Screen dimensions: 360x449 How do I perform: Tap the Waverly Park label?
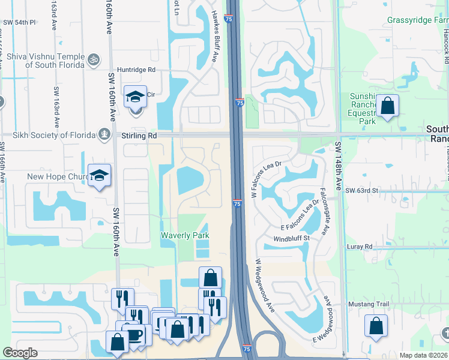(x=184, y=236)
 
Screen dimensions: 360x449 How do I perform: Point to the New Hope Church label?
(x=56, y=177)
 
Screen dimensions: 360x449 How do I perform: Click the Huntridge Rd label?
(x=136, y=70)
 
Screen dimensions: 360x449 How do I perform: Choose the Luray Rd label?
(x=360, y=247)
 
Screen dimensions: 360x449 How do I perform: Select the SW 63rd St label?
(x=362, y=190)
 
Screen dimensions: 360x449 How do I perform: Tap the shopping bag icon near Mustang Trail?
(x=376, y=326)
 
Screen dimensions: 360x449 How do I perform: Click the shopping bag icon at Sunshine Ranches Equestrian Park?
(x=388, y=106)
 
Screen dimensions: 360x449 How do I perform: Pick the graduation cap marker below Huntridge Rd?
(x=135, y=95)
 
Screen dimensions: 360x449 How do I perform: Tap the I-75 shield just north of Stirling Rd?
(x=239, y=102)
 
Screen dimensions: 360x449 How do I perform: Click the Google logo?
(x=20, y=353)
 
